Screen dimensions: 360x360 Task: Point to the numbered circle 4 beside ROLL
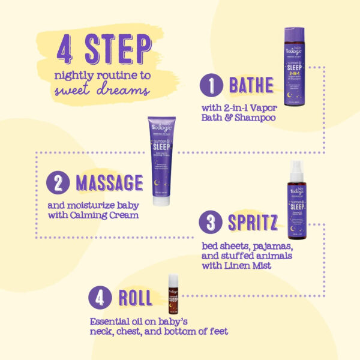click(100, 298)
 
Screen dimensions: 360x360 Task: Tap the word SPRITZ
click(251, 223)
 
